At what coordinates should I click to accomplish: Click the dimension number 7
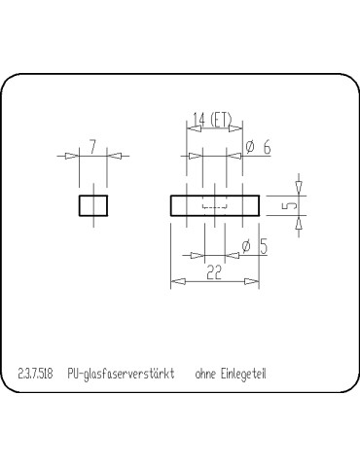(x=92, y=147)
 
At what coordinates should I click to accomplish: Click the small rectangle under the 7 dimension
(x=93, y=205)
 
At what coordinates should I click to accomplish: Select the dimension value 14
(x=198, y=120)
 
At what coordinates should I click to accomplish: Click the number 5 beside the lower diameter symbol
(x=263, y=247)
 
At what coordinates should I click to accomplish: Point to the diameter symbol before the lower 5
(x=246, y=247)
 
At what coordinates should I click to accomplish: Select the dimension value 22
(x=214, y=272)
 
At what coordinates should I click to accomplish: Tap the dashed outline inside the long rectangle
(x=214, y=206)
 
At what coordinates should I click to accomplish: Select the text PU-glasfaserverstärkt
(x=122, y=373)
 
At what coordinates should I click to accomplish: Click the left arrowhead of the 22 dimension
(x=175, y=282)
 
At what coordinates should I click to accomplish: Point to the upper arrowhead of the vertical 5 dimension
(x=300, y=186)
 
